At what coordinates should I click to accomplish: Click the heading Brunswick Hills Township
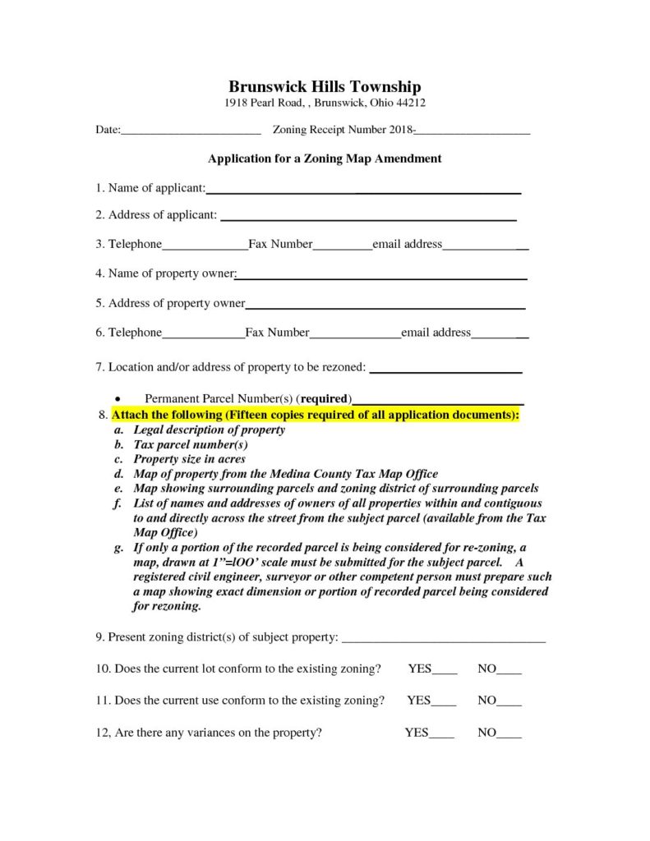[325, 86]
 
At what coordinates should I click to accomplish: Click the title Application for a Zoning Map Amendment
[325, 159]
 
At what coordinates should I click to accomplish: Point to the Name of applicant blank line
[363, 191]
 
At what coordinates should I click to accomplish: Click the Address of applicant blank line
[368, 218]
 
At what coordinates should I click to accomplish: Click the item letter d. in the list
[118, 474]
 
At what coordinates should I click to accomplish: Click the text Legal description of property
[210, 430]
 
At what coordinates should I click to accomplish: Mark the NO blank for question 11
[509, 702]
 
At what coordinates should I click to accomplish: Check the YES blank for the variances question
[442, 734]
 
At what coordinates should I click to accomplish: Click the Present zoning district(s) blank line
[443, 639]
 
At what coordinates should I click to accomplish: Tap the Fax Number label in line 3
[280, 245]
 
